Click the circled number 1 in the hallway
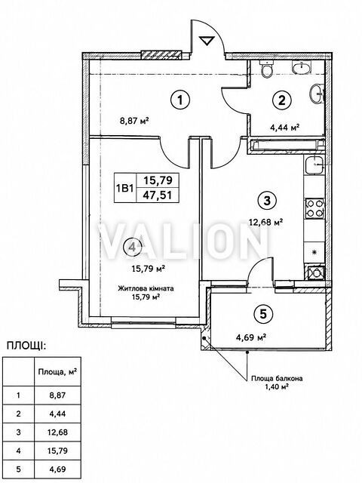click(180, 100)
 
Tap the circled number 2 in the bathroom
click(282, 100)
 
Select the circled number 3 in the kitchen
click(267, 201)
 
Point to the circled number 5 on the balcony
click(263, 314)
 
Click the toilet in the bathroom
click(266, 68)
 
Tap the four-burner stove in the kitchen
click(314, 208)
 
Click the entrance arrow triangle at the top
click(207, 41)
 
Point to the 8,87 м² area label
click(134, 121)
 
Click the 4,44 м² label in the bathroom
click(285, 128)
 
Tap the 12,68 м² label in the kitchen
click(266, 222)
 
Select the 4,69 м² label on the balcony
click(251, 337)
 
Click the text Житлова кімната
click(146, 288)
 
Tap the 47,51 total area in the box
click(158, 195)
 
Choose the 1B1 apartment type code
click(125, 188)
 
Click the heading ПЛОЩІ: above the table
click(26, 346)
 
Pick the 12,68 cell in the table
click(57, 432)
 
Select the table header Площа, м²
click(57, 372)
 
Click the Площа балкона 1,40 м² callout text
click(277, 382)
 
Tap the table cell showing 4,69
click(57, 469)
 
